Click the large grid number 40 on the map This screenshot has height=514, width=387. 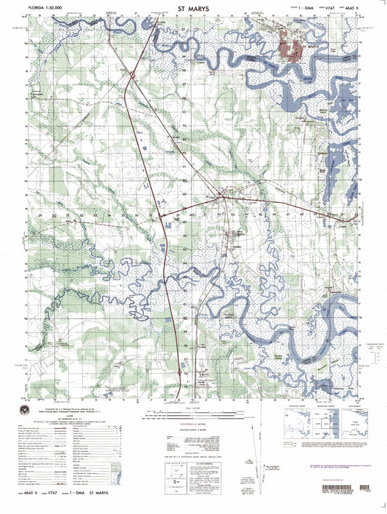192,216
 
